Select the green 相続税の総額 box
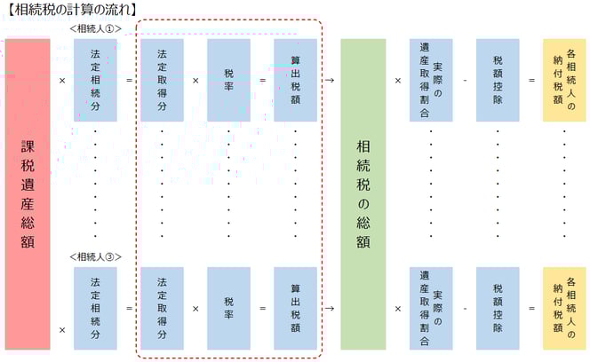click(363, 194)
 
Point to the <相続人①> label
click(96, 29)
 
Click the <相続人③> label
click(96, 257)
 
